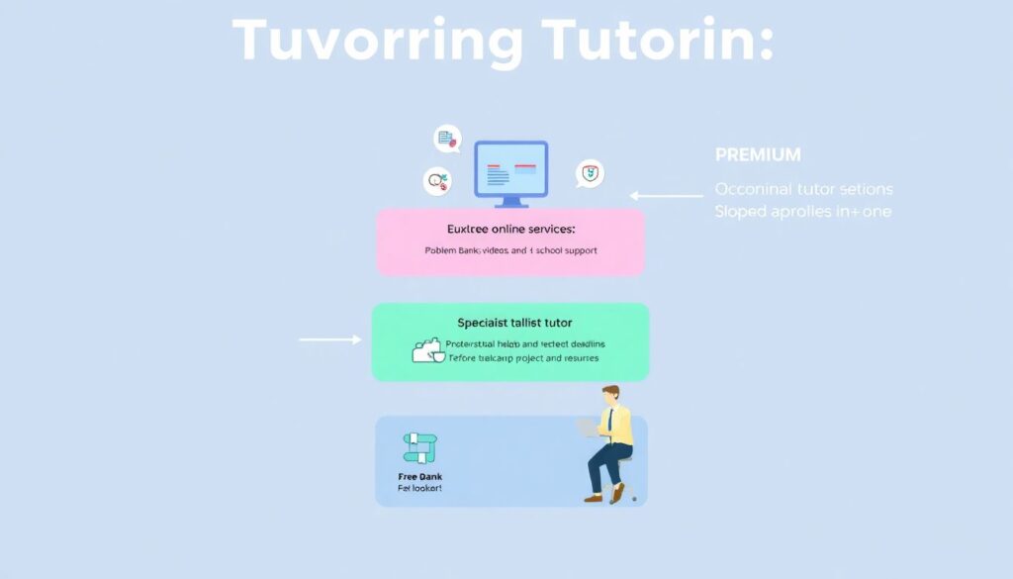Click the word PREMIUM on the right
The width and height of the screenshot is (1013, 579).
758,155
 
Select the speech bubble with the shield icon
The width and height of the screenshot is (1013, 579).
591,174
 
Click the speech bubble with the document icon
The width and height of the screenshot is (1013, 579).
448,140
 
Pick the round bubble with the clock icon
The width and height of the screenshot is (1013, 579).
437,181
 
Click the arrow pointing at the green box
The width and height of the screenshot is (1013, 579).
330,339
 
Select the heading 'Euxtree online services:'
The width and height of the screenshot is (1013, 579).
510,229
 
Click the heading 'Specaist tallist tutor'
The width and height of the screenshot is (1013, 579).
514,323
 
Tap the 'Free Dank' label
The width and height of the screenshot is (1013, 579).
420,476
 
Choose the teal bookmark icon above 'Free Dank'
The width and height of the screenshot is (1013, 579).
420,447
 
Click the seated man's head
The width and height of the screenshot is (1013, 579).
611,395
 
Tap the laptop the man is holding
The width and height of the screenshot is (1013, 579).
590,427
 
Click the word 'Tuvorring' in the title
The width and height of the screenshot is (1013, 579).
378,43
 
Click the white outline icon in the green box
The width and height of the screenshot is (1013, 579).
427,350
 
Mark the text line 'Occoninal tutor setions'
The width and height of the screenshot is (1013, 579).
803,189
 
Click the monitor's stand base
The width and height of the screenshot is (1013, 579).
510,204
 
